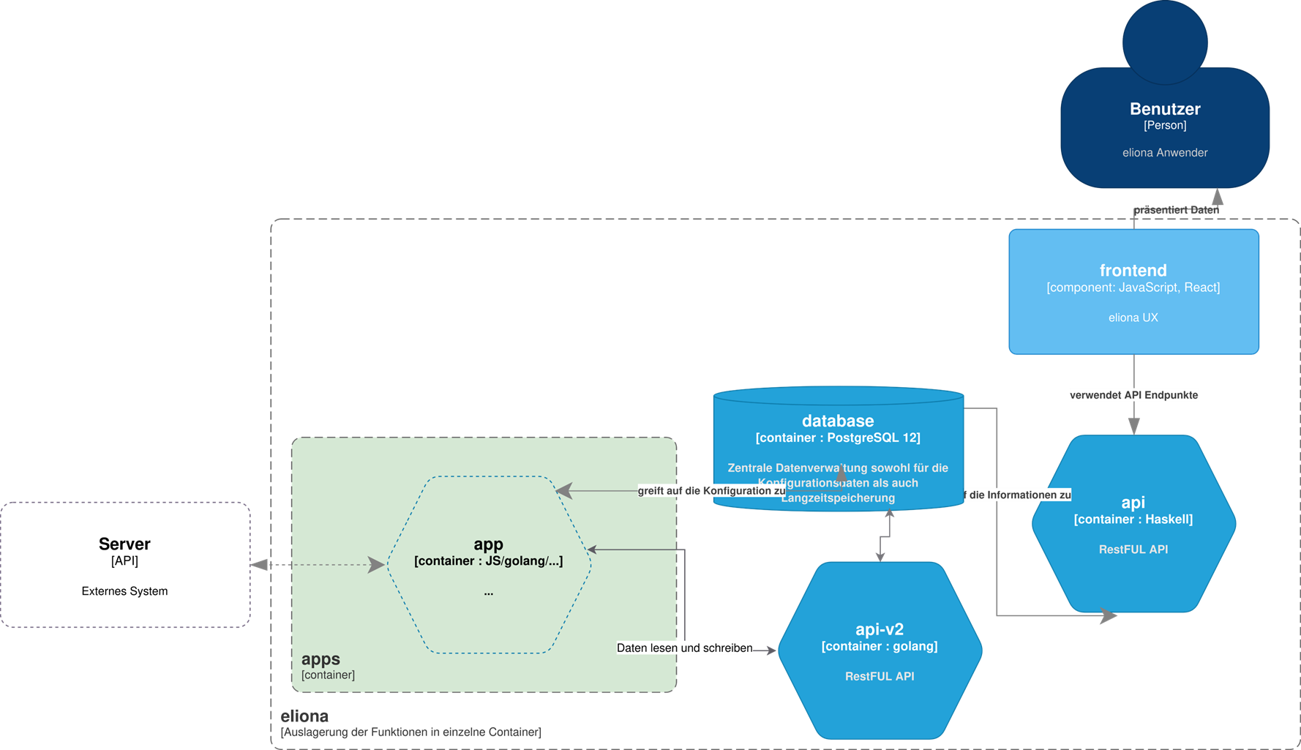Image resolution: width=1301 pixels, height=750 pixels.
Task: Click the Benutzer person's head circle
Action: click(1165, 42)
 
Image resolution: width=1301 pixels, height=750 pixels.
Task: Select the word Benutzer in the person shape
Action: click(1165, 109)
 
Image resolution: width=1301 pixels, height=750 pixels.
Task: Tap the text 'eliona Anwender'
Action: click(1165, 153)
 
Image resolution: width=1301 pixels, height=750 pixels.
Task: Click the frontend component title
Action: click(1133, 270)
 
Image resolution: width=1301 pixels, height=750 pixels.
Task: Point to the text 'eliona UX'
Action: click(1133, 318)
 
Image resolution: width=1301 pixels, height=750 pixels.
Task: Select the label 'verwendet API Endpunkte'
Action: click(1133, 395)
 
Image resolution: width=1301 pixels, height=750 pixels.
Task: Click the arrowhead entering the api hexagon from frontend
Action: click(1133, 427)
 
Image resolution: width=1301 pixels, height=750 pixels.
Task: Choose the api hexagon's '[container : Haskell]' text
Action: click(1133, 520)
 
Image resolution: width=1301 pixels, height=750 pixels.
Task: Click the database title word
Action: click(838, 421)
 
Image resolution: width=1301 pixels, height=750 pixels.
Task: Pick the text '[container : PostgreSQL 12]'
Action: click(838, 438)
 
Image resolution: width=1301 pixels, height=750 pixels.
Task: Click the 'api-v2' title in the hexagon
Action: click(880, 629)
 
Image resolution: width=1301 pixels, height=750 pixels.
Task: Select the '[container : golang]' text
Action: click(880, 646)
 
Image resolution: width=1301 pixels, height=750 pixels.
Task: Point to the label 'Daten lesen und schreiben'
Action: click(685, 648)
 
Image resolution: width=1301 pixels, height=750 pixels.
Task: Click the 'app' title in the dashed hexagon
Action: click(488, 544)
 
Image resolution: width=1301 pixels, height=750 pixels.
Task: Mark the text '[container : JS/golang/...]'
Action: click(488, 561)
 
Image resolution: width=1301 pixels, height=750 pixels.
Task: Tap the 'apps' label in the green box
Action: click(320, 659)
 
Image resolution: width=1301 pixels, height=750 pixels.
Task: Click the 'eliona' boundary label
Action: click(304, 716)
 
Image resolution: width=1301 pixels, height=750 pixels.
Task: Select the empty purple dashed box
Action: click(125, 565)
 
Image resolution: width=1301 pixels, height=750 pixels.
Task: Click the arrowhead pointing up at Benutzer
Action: click(1217, 197)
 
